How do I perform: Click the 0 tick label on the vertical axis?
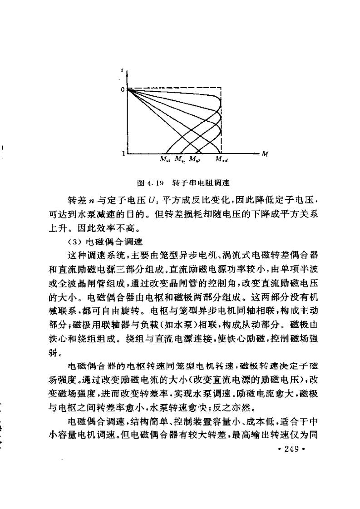click(x=122, y=89)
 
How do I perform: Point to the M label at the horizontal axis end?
click(x=265, y=154)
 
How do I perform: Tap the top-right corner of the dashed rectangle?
click(x=221, y=88)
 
